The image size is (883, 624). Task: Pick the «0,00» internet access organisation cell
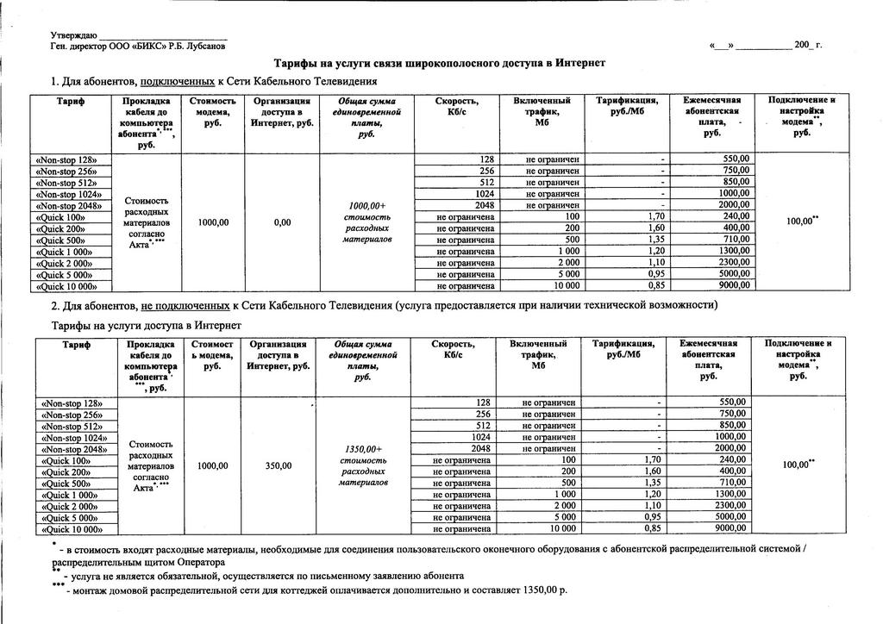pos(282,222)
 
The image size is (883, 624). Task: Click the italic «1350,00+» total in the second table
pos(362,449)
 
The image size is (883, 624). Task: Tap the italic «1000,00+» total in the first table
pos(366,206)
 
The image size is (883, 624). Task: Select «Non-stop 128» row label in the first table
pos(73,160)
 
